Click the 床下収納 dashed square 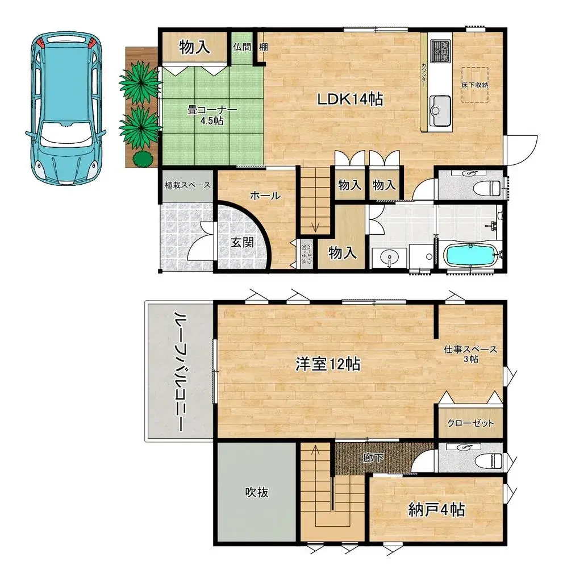pos(474,84)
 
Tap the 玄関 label pos(241,241)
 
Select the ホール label pos(265,196)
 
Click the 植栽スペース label pos(188,185)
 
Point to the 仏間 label pos(241,47)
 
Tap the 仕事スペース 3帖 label pos(470,354)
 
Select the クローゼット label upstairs pos(470,423)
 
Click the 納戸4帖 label pos(436,510)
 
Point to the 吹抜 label pos(257,492)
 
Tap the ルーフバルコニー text pos(180,372)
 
